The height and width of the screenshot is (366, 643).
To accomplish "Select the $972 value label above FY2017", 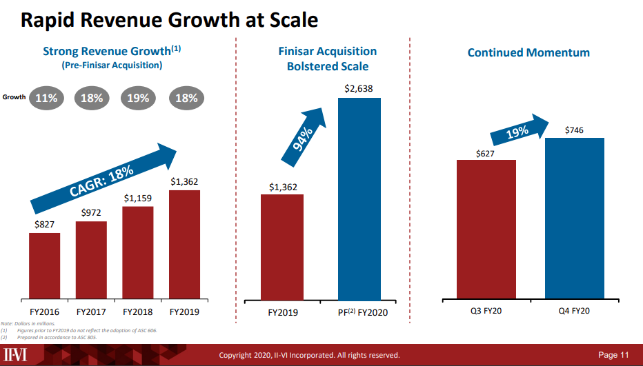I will coord(91,213).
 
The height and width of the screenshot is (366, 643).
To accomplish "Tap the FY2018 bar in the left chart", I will coord(138,253).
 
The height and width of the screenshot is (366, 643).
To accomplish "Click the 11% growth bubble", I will coord(46,98).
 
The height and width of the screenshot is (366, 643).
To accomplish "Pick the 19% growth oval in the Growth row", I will coord(138,98).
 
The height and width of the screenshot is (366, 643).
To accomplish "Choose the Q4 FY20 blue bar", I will coord(574,218).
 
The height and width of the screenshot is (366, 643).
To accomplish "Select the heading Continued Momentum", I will coord(528,52).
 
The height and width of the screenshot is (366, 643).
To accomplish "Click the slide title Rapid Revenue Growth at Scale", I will coord(170,20).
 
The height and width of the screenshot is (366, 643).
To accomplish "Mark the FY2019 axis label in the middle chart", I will coord(283,312).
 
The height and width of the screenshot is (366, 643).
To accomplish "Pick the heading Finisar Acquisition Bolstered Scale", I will coord(328,59).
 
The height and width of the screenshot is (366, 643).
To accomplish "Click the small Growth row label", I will coord(14,97).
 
